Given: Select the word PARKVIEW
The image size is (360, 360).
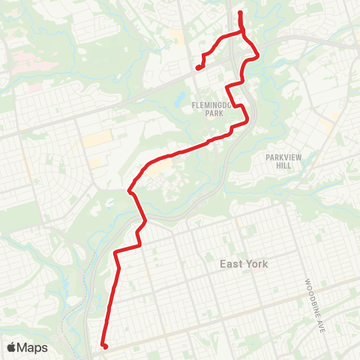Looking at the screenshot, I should tap(281, 157).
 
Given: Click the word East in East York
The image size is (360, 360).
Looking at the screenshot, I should tap(232, 264).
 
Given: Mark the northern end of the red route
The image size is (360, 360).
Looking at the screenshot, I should tap(239, 13).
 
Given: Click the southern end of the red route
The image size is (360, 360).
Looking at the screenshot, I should tap(104, 346).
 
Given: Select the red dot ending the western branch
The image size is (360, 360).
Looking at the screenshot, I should tap(199, 67).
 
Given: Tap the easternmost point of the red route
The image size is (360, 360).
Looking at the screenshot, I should tap(259, 54).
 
